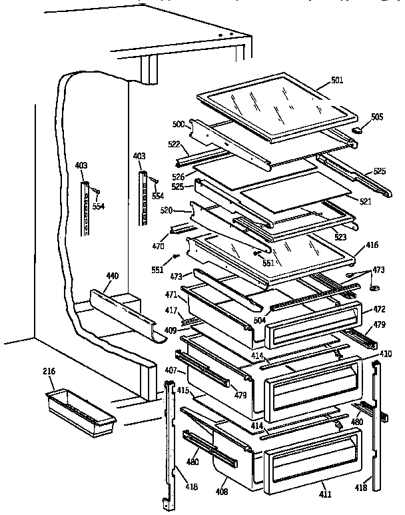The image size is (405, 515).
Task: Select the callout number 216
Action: (x=49, y=371)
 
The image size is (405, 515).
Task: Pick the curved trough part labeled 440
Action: (x=123, y=311)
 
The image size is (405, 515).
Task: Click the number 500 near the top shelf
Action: (x=177, y=124)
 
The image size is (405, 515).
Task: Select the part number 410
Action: (x=386, y=354)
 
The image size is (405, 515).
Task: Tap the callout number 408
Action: (x=221, y=492)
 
